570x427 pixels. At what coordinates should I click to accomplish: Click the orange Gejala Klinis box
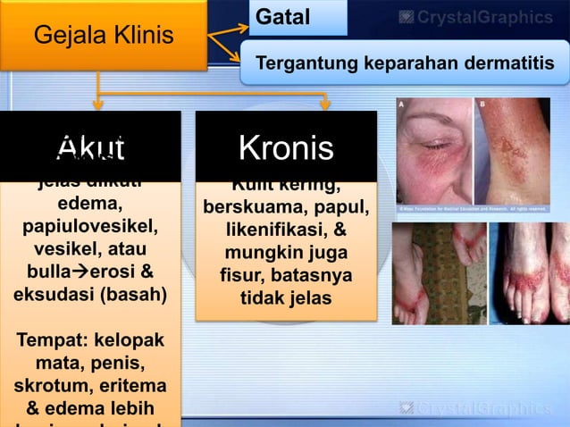pos(104,36)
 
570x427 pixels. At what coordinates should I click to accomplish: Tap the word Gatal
pos(283,18)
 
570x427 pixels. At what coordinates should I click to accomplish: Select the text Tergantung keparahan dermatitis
pos(405,64)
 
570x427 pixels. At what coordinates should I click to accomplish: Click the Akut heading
pos(89,148)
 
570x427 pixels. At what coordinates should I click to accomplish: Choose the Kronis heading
pos(286,148)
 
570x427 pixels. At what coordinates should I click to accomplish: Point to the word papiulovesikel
pos(89,223)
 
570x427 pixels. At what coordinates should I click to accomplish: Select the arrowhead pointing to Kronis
pos(326,105)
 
